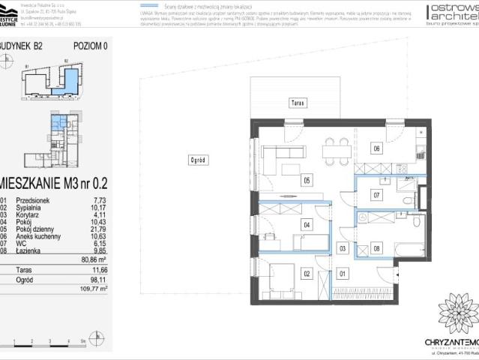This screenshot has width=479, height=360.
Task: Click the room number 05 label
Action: tap(307, 180)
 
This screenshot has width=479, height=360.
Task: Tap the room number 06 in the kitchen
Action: tap(376, 148)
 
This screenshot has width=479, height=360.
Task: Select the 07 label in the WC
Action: tap(376, 195)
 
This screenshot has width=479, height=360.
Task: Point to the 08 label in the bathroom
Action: tap(376, 247)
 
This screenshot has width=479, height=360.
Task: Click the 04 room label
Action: tap(307, 224)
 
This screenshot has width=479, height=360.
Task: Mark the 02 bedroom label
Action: tap(307, 274)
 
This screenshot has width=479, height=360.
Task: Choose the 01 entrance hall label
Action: tap(343, 274)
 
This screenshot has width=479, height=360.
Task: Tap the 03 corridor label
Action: tap(343, 247)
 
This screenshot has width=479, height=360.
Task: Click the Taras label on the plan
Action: tap(298, 104)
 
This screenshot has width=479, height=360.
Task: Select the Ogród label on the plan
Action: tap(198, 160)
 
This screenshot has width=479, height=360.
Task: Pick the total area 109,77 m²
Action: tap(94, 287)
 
